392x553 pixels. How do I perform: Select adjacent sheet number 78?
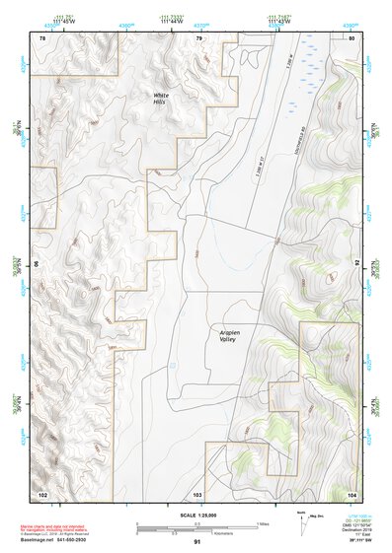click(x=42, y=37)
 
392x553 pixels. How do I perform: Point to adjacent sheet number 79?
click(x=198, y=37)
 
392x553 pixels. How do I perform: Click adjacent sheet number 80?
click(x=352, y=37)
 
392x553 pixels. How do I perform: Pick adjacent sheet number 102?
click(x=42, y=493)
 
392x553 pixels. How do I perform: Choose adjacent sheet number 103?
click(x=197, y=493)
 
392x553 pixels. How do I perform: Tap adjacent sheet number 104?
click(x=352, y=493)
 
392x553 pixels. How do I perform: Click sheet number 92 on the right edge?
click(x=359, y=264)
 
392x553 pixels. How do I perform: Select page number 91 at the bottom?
click(x=197, y=542)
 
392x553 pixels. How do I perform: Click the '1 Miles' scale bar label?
click(x=264, y=522)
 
